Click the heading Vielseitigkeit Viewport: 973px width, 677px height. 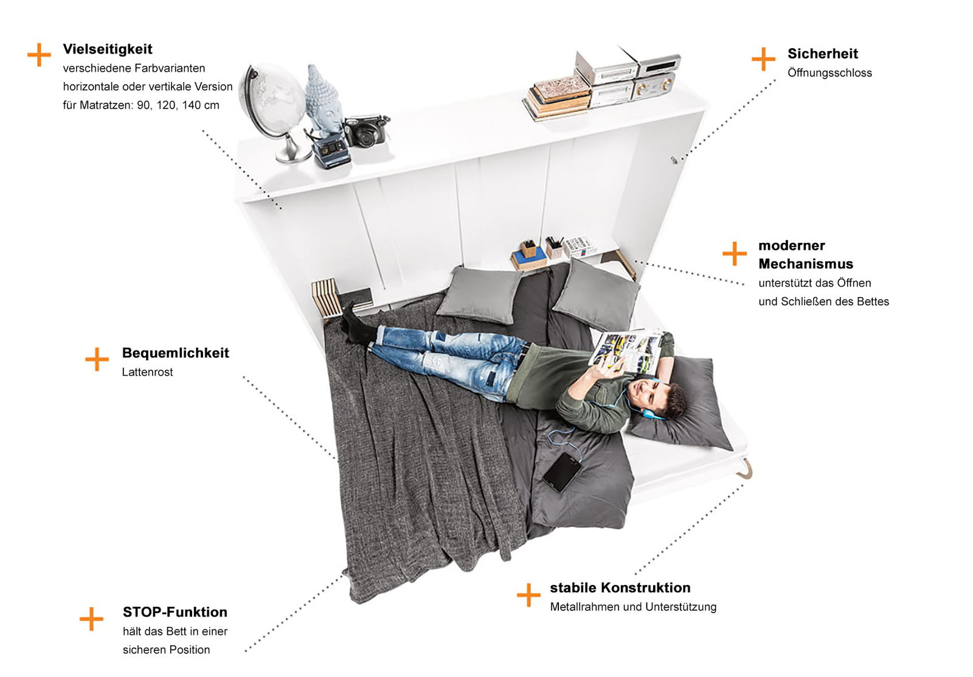[x=107, y=49]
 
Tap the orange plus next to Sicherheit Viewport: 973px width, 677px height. [x=763, y=58]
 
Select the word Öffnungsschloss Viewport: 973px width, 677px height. [x=829, y=72]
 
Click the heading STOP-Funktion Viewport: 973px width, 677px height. [x=175, y=612]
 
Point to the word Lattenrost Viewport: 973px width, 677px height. [x=147, y=372]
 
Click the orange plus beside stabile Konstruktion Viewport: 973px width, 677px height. [x=528, y=594]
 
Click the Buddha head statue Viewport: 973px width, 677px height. [x=323, y=100]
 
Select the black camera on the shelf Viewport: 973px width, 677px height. [x=366, y=131]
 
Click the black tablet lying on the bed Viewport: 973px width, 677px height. [x=562, y=472]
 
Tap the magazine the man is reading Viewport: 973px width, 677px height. [x=626, y=352]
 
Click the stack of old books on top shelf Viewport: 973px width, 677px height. [x=557, y=98]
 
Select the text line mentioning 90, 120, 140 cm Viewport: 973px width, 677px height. [x=141, y=105]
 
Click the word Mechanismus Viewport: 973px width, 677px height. [x=806, y=264]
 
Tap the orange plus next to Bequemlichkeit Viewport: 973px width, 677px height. [x=97, y=359]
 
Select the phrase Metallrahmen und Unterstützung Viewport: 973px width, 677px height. [x=633, y=606]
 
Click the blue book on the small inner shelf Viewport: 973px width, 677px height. [x=529, y=258]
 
